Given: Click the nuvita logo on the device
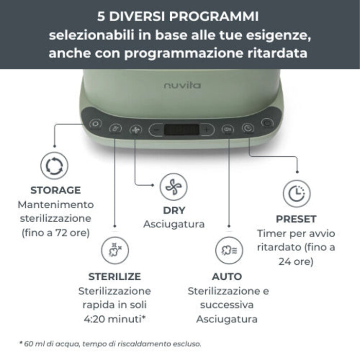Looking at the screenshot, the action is (x=183, y=85).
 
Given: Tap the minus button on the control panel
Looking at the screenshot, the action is (x=156, y=130).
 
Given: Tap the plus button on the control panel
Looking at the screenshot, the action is (x=206, y=130).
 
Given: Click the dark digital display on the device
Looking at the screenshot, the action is (x=182, y=130).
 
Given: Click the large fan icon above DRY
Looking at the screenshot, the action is (x=174, y=187).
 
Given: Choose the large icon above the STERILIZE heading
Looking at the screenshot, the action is (x=115, y=251).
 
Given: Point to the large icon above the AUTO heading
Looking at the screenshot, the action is (x=229, y=250).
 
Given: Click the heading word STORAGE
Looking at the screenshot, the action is (x=56, y=190).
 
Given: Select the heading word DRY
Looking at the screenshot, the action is (x=174, y=210).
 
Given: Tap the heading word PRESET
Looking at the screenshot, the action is (x=296, y=219).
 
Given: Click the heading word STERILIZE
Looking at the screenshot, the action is (x=115, y=277).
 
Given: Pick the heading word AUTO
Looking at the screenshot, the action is (x=227, y=277).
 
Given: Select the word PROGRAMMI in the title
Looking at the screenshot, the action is (x=214, y=16).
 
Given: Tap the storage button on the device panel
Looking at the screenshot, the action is (x=96, y=124).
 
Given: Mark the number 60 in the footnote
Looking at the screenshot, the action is (x=28, y=344).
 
